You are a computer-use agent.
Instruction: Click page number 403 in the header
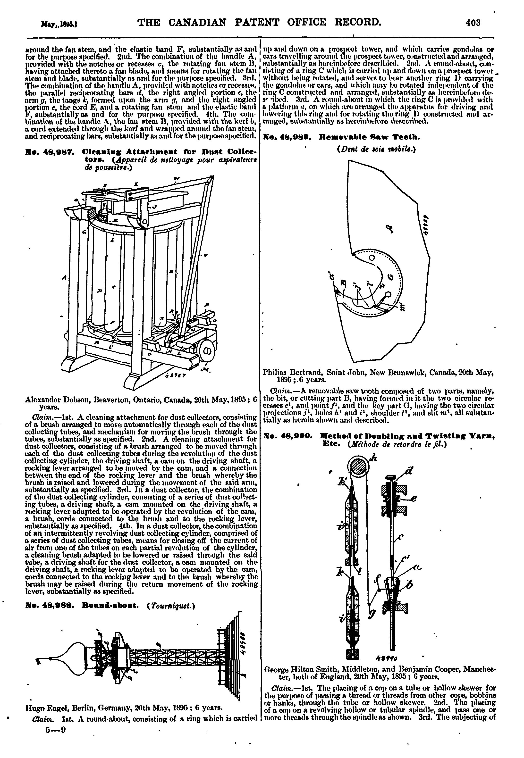pyautogui.click(x=473, y=23)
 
